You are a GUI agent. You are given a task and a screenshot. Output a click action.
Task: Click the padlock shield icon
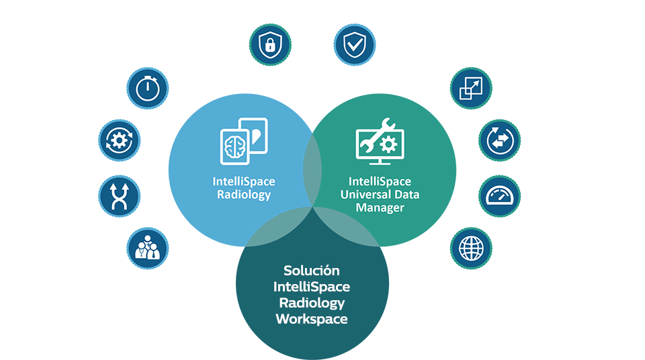pyautogui.click(x=269, y=45)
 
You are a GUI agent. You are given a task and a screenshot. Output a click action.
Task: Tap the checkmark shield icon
pyautogui.click(x=354, y=45)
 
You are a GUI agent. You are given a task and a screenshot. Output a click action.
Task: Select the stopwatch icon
pyautogui.click(x=147, y=88)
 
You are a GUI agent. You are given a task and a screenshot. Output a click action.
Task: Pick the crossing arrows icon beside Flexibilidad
pyautogui.click(x=120, y=195)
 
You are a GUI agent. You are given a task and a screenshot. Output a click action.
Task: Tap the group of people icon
pyautogui.click(x=147, y=248)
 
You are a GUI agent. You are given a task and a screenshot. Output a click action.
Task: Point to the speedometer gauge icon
pyautogui.click(x=499, y=195)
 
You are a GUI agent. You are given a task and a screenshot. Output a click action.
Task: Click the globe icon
pyautogui.click(x=471, y=248)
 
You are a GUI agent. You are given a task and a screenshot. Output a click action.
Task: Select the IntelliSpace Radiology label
pyautogui.click(x=243, y=188)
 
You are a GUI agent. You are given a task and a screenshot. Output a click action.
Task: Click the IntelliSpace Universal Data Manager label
pyautogui.click(x=380, y=195)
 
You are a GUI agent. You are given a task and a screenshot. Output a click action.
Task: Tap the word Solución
pyautogui.click(x=311, y=271)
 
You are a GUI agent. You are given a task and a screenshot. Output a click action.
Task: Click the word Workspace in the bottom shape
pyautogui.click(x=311, y=319)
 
